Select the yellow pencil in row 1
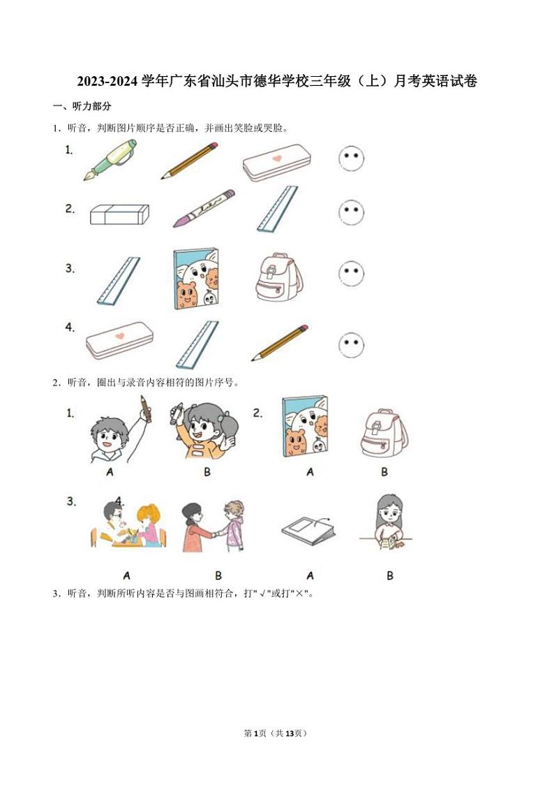pyautogui.click(x=190, y=161)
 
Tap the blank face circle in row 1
pyautogui.click(x=352, y=159)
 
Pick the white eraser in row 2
pyautogui.click(x=119, y=214)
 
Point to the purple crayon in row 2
pyautogui.click(x=204, y=207)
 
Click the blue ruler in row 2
pyautogui.click(x=277, y=208)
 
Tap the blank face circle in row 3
pyautogui.click(x=352, y=274)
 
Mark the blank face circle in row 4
pyautogui.click(x=352, y=344)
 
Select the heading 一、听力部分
pyautogui.click(x=82, y=106)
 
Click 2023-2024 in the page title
pyautogui.click(x=107, y=82)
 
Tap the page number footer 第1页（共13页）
pyautogui.click(x=276, y=733)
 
